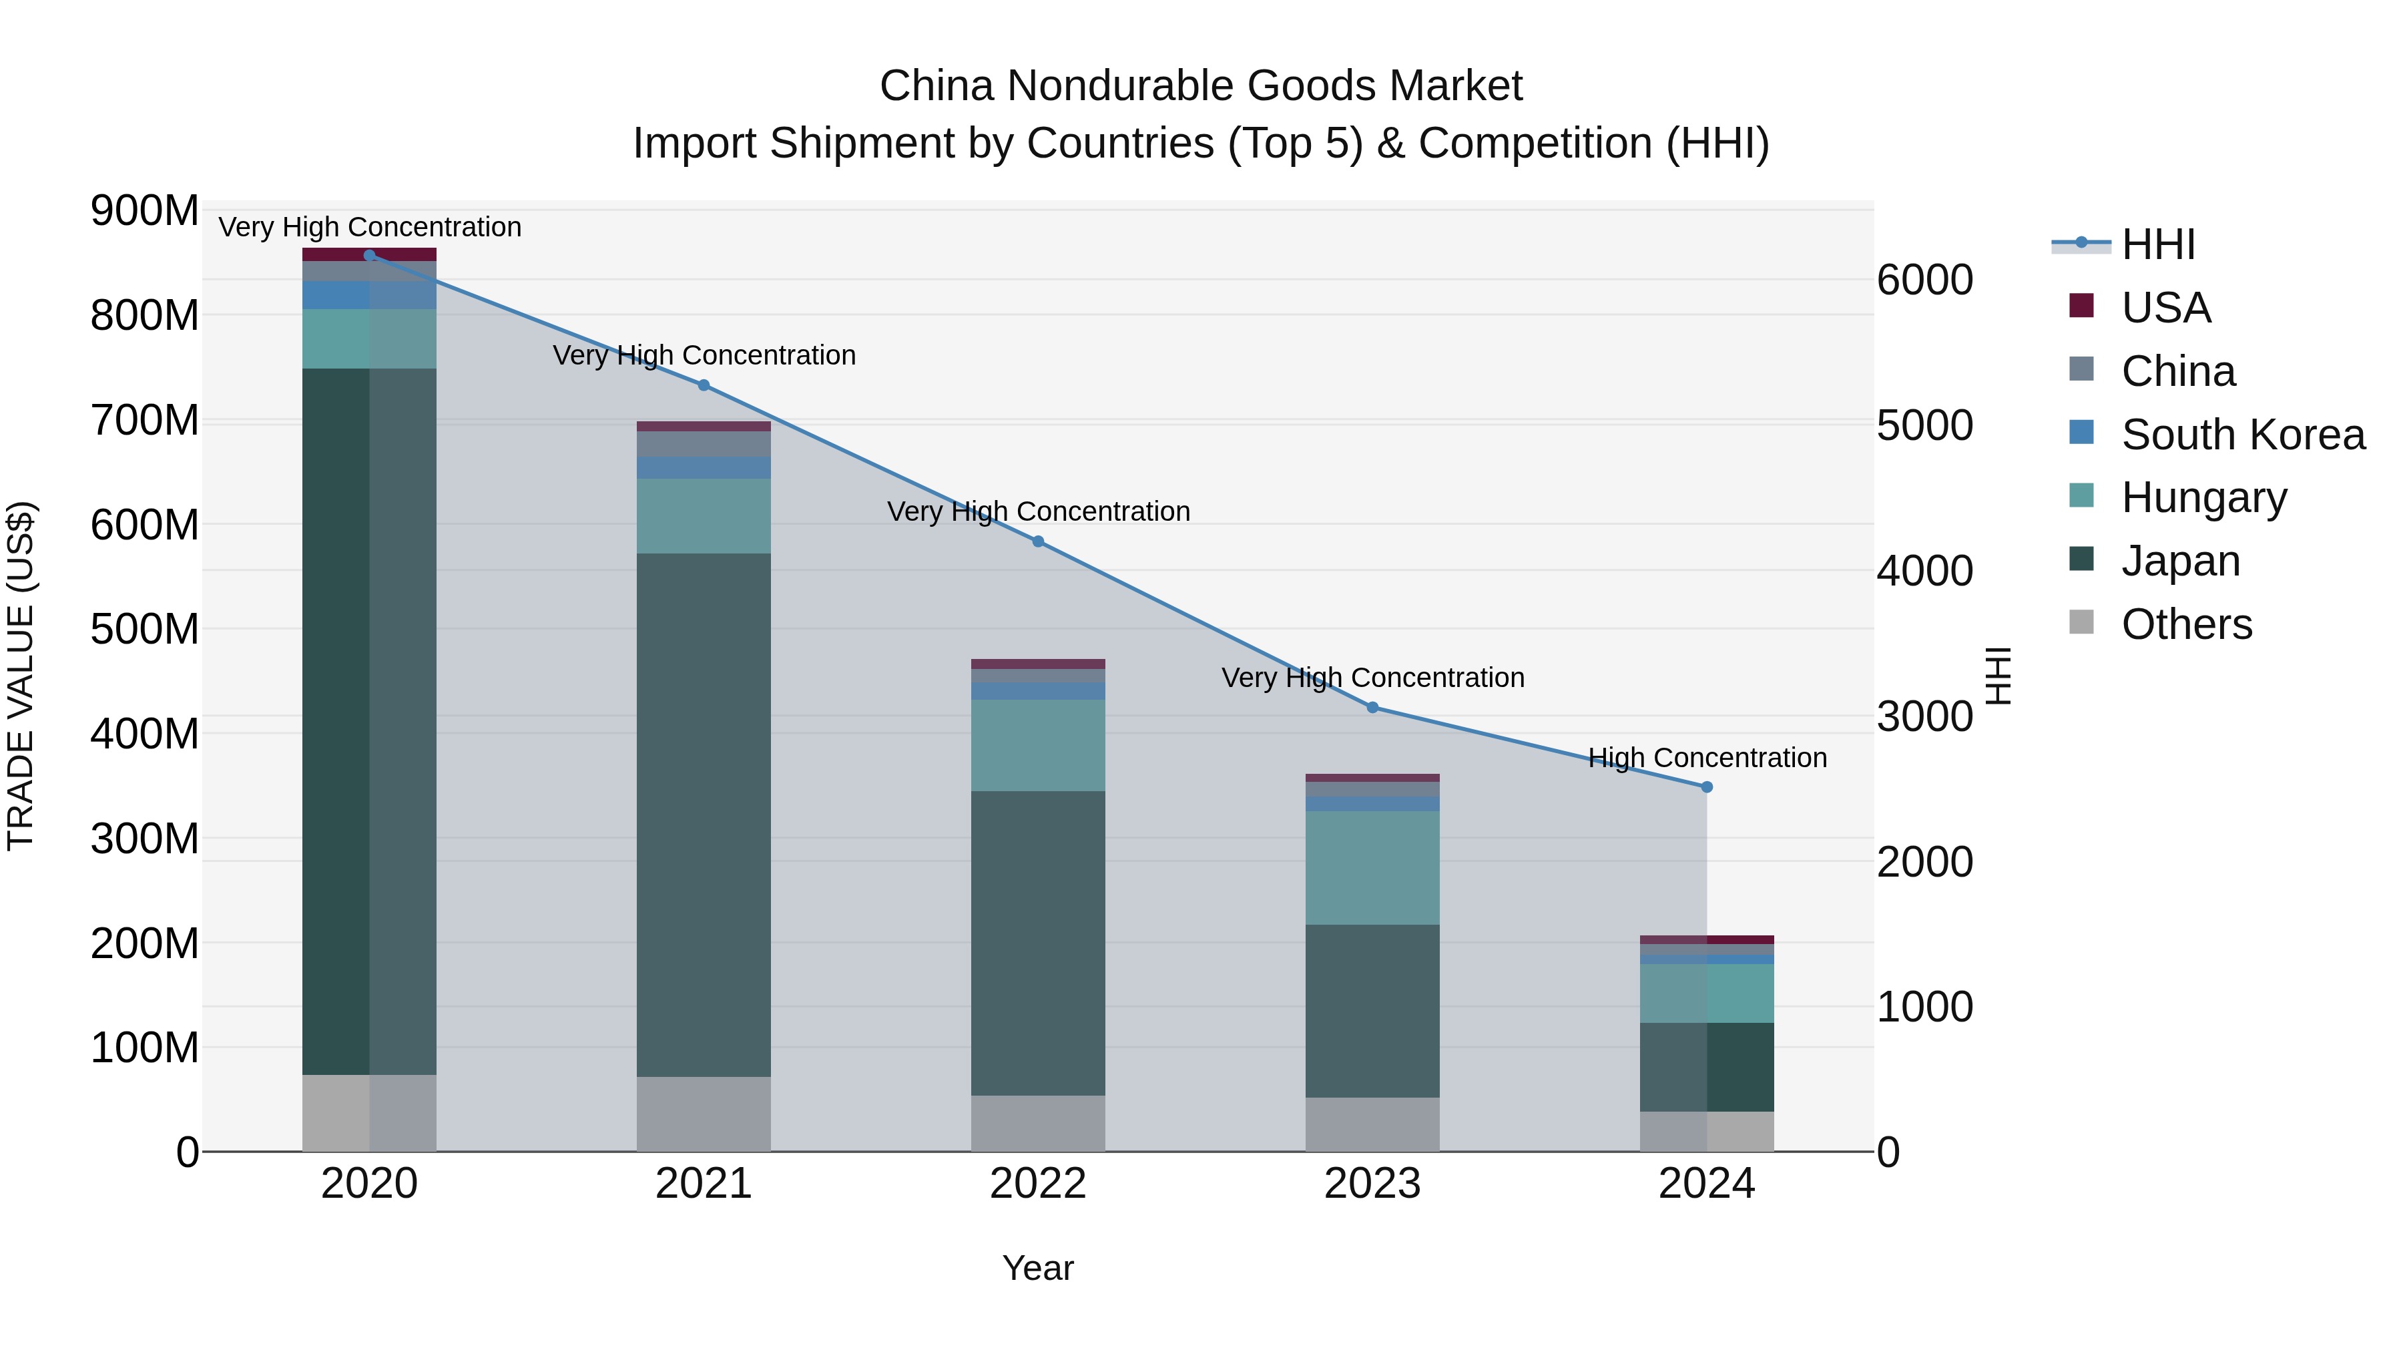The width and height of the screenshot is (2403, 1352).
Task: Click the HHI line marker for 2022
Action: (x=1037, y=541)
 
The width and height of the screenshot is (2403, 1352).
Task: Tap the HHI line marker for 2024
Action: (x=1706, y=786)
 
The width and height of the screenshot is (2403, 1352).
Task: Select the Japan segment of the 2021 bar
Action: (x=704, y=814)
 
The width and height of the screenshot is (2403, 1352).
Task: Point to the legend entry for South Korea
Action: (x=2243, y=434)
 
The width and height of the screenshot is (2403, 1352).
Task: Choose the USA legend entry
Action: (x=2165, y=307)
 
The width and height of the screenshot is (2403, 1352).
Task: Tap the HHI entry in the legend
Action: (x=2157, y=244)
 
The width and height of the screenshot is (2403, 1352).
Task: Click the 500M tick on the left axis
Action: (x=145, y=629)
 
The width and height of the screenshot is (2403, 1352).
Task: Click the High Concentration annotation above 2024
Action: (x=1706, y=758)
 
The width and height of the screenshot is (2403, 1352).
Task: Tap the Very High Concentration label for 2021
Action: (x=704, y=355)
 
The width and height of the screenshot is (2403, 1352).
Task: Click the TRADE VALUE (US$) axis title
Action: (x=21, y=676)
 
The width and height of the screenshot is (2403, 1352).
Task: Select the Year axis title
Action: (x=1037, y=1268)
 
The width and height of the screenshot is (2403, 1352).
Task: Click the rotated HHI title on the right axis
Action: (x=1997, y=676)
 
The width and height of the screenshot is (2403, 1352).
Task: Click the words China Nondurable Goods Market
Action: (x=1201, y=86)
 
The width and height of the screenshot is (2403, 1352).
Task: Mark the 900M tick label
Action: (x=145, y=211)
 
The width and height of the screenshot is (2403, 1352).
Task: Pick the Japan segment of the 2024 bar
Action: (x=1706, y=1066)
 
